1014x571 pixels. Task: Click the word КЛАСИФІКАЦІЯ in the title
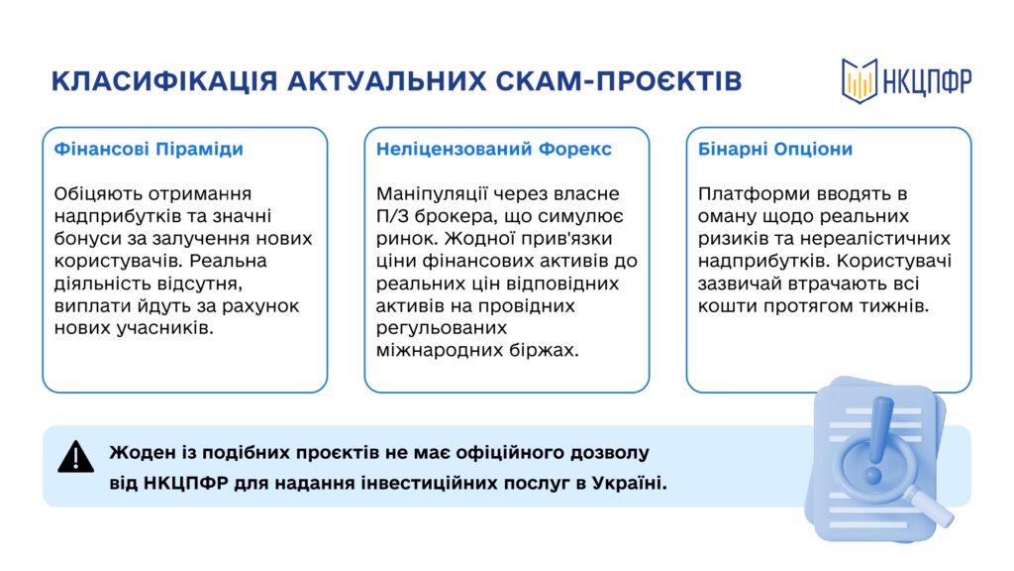point(165,81)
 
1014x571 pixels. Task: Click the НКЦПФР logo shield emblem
point(860,81)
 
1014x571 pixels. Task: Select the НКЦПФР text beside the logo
point(927,82)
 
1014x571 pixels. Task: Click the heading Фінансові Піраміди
point(149,149)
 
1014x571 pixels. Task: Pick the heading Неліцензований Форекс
point(493,149)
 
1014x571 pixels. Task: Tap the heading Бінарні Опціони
point(774,149)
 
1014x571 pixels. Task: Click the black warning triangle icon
point(75,457)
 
